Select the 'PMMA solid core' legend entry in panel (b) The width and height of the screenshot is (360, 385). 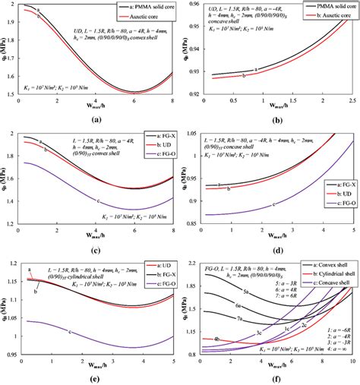[x=318, y=6]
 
